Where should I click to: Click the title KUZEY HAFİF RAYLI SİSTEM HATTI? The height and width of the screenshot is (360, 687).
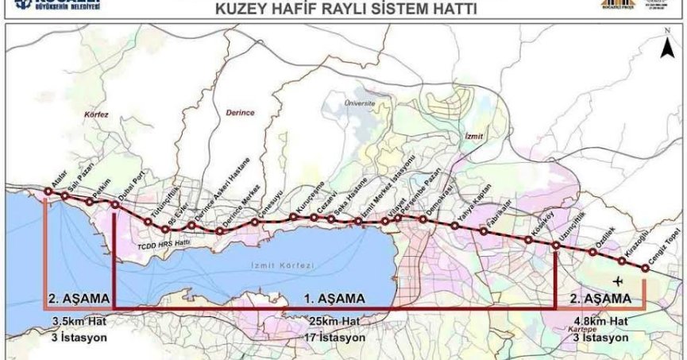pyautogui.click(x=342, y=10)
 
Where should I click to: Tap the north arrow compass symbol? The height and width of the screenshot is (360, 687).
pyautogui.click(x=668, y=49)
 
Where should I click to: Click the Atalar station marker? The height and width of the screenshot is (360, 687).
pyautogui.click(x=48, y=192)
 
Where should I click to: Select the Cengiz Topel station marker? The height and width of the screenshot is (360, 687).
pyautogui.click(x=644, y=269)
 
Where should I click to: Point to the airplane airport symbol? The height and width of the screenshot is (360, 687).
pyautogui.click(x=618, y=281)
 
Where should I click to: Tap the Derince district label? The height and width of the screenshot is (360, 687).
pyautogui.click(x=239, y=113)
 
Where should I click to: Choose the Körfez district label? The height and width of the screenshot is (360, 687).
pyautogui.click(x=95, y=114)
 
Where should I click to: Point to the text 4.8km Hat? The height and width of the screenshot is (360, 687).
pyautogui.click(x=600, y=321)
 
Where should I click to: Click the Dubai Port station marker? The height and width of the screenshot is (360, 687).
pyautogui.click(x=115, y=206)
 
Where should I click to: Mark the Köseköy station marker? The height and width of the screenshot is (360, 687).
pyautogui.click(x=527, y=238)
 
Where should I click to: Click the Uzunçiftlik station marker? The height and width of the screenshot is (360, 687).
pyautogui.click(x=555, y=246)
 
